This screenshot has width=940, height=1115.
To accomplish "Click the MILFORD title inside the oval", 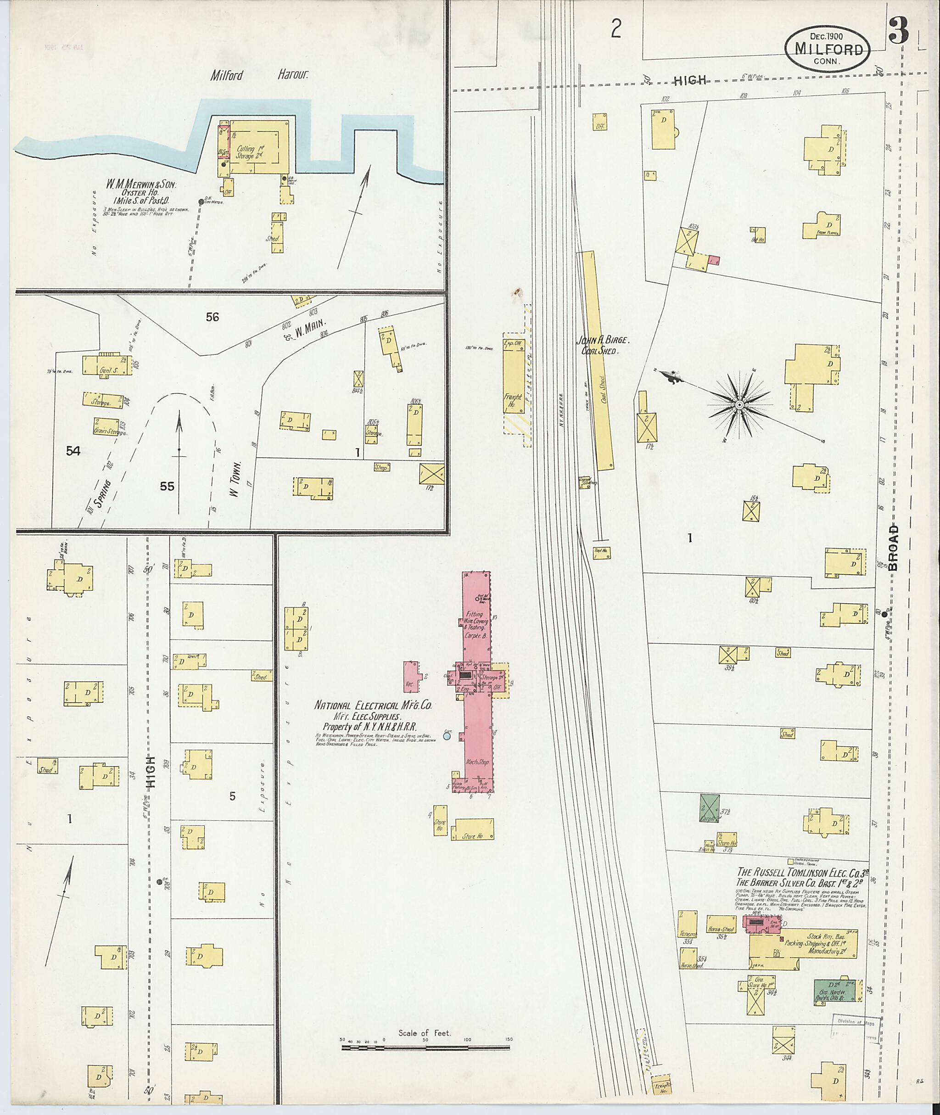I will pos(828,50).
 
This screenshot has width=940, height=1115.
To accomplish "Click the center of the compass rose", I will pos(739,406).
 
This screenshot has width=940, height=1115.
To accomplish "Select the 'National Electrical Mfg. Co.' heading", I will pos(373,705).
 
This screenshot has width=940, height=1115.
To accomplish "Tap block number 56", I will pos(212,317).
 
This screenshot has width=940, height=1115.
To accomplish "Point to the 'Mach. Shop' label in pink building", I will pos(477,762).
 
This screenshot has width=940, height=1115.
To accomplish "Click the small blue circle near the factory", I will pos(447,736).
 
